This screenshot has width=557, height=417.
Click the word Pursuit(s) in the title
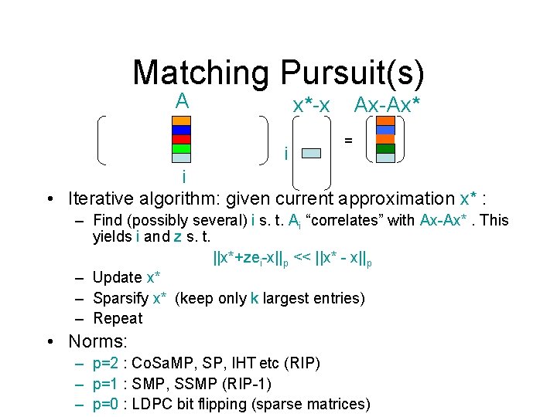click(353, 73)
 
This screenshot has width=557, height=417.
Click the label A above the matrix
click(182, 100)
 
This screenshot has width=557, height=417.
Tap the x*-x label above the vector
click(311, 105)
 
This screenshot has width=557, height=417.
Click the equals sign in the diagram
click(350, 141)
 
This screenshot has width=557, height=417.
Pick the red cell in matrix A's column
click(181, 140)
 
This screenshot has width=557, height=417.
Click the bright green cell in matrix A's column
click(181, 148)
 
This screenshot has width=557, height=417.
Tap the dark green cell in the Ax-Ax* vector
click(385, 149)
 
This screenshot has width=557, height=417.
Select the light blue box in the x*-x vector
click(310, 153)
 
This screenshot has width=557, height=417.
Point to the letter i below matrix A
click(183, 178)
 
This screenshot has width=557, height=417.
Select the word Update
click(118, 277)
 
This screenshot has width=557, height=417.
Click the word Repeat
click(118, 318)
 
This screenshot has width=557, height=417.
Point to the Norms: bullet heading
click(98, 341)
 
